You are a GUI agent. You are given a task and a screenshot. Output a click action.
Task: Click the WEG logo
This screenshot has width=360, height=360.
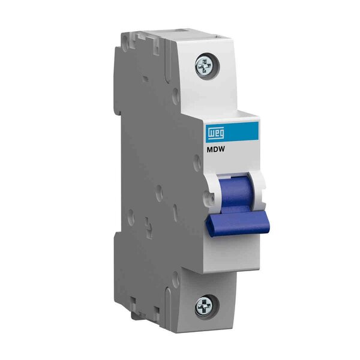[x=216, y=134]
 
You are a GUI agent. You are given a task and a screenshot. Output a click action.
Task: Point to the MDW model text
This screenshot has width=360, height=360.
[x=213, y=150]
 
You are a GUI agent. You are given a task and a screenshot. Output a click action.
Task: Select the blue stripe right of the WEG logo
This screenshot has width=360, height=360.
[x=241, y=131]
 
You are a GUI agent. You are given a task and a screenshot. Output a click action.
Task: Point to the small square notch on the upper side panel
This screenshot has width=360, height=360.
[x=146, y=79]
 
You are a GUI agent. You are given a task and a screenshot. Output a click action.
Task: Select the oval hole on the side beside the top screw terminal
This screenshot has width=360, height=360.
[x=176, y=94]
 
